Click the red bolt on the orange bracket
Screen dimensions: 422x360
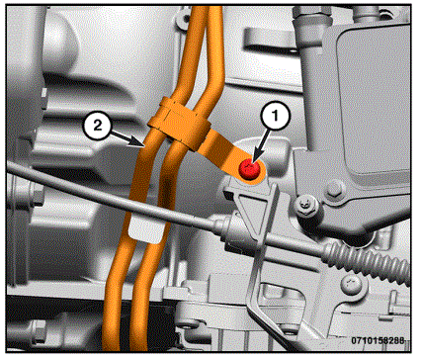pyautogui.click(x=249, y=170)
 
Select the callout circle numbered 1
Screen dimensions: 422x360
pyautogui.click(x=276, y=116)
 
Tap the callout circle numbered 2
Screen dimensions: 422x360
pyautogui.click(x=98, y=126)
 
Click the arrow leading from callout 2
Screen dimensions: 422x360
pyautogui.click(x=127, y=137)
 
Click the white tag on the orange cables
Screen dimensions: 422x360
pyautogui.click(x=145, y=229)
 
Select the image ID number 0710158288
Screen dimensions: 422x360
pyautogui.click(x=378, y=340)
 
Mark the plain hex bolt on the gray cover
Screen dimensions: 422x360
pyautogui.click(x=336, y=189)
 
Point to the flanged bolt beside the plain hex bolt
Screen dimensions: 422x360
pyautogui.click(x=307, y=206)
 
